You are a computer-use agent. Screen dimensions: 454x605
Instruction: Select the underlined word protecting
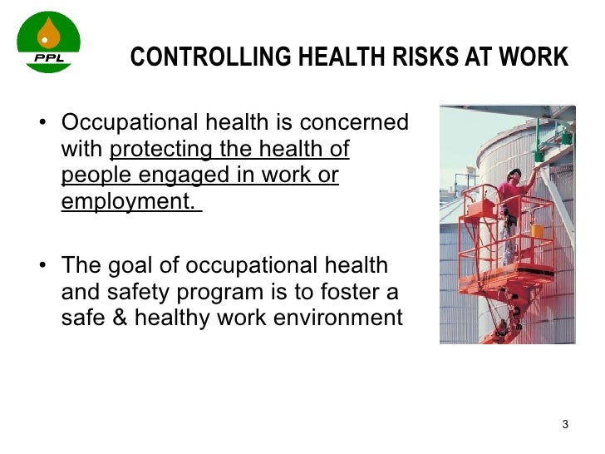(x=159, y=150)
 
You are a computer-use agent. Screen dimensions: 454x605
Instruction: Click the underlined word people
(x=91, y=176)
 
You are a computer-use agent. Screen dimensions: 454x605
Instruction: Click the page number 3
(x=565, y=425)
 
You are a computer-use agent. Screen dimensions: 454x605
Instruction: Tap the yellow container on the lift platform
(x=538, y=230)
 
